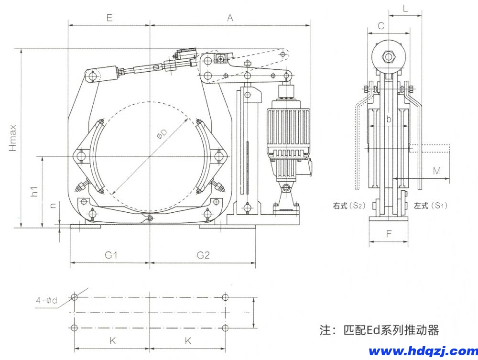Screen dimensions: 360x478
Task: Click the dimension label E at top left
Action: (109, 18)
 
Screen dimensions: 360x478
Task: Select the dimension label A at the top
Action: (230, 18)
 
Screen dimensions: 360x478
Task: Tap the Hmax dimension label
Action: (13, 137)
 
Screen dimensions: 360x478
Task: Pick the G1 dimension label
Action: (111, 255)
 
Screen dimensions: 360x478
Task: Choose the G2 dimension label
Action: (203, 255)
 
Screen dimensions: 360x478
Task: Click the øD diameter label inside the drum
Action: (163, 136)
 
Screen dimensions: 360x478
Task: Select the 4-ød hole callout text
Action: (46, 301)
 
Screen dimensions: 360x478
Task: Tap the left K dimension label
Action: (112, 341)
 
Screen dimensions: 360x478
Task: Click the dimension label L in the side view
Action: (405, 8)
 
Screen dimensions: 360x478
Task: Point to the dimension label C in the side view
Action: (381, 26)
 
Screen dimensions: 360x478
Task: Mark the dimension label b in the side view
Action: (389, 119)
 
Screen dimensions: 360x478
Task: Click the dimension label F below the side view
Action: (389, 234)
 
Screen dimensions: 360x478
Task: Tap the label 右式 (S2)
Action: (349, 206)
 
